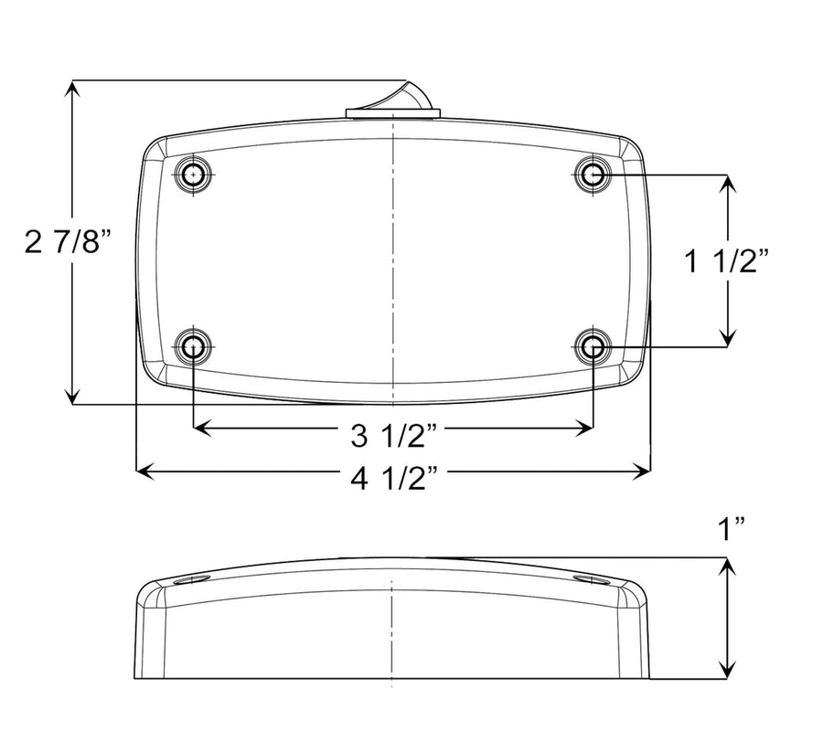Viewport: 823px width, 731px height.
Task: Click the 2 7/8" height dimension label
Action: [x=69, y=241]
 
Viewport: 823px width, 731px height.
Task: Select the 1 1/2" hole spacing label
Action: [x=727, y=260]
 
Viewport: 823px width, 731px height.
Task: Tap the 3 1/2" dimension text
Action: [x=394, y=435]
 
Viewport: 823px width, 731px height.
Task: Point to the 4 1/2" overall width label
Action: [x=394, y=478]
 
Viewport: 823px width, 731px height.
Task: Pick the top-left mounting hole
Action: [x=194, y=175]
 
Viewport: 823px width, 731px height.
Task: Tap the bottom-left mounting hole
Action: [x=194, y=346]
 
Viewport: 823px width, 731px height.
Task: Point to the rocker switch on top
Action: [x=393, y=102]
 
